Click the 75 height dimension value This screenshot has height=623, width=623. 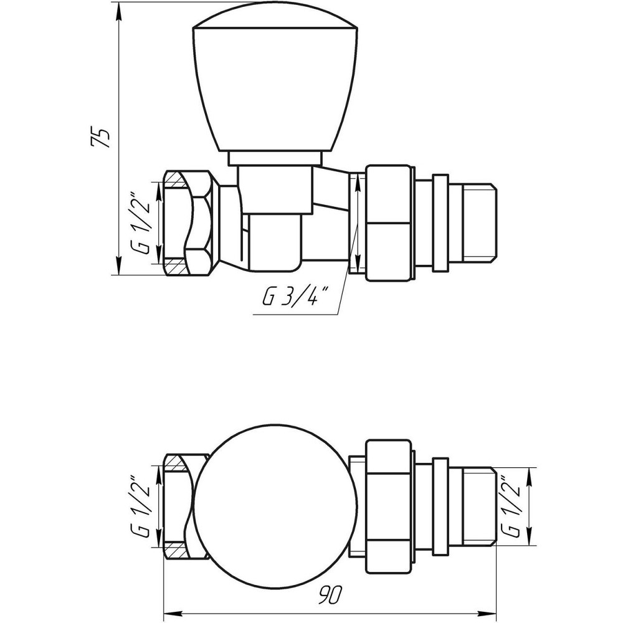102,136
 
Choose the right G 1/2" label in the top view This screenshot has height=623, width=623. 513,506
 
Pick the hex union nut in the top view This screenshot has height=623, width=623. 389,506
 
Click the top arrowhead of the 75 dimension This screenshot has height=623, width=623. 118,7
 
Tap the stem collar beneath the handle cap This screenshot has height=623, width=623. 277,159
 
